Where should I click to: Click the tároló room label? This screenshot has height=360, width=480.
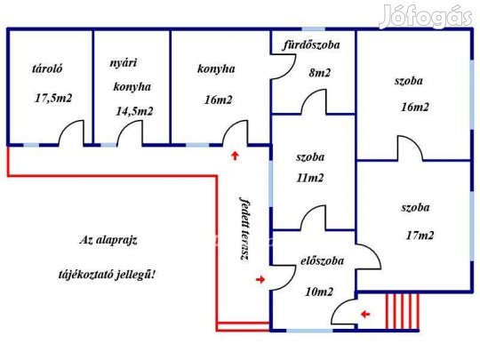(47, 68)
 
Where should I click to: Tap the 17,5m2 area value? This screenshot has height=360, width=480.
(53, 98)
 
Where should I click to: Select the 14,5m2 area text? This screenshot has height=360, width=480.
(134, 111)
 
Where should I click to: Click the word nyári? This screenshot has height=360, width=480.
(123, 63)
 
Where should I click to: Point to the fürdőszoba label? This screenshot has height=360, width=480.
(311, 45)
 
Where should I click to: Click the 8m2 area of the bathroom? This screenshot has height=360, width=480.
(320, 73)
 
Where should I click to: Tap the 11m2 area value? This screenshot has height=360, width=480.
(310, 178)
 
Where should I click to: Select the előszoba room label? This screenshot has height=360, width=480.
(322, 261)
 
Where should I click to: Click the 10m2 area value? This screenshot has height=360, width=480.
(319, 292)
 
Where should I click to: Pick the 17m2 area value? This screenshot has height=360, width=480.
(420, 235)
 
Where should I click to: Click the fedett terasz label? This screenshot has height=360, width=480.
(244, 228)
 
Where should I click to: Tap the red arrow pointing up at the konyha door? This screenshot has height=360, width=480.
(235, 156)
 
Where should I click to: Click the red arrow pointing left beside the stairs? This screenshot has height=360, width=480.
(365, 314)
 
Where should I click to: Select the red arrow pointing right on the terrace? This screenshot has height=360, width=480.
(260, 279)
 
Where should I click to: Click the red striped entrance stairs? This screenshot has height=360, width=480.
(403, 312)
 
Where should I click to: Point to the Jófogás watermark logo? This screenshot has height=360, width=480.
(426, 16)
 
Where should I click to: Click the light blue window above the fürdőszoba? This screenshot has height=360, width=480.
(314, 29)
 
